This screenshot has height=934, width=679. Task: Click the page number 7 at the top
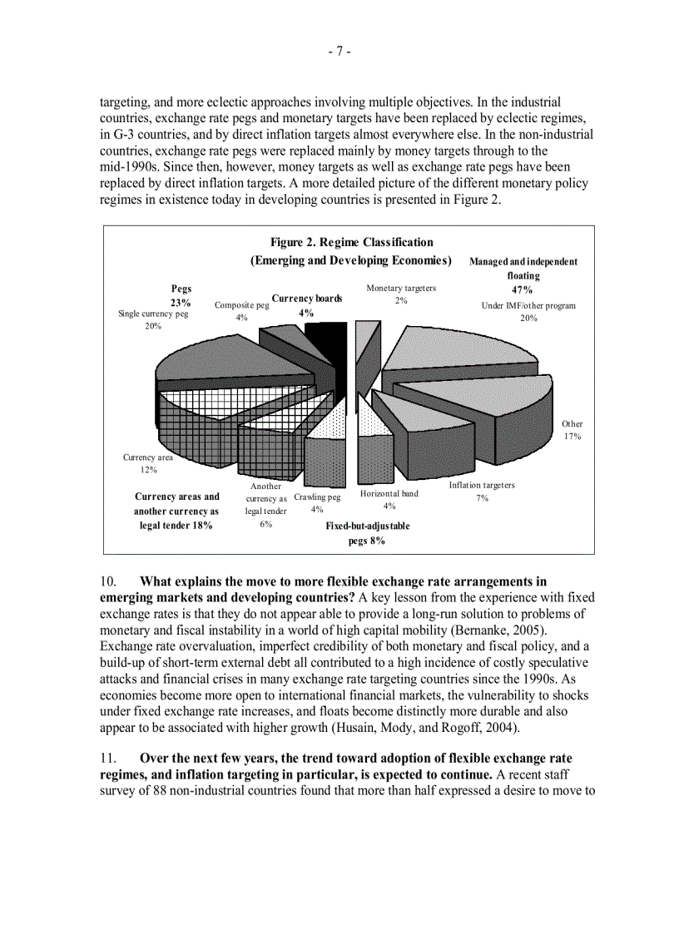[339, 52]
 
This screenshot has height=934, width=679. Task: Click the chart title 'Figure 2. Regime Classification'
[351, 242]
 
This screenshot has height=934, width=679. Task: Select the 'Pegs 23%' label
[181, 295]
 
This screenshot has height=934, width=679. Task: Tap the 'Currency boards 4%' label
[306, 305]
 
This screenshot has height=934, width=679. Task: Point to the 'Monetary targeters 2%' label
[401, 294]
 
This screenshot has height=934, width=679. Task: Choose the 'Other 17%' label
[572, 430]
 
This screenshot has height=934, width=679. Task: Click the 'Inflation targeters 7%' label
[482, 491]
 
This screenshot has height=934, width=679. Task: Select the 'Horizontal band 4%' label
[389, 499]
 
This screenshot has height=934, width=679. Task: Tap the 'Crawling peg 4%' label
[317, 502]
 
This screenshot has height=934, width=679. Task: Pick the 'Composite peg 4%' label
[241, 311]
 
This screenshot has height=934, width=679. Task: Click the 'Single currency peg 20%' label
[153, 319]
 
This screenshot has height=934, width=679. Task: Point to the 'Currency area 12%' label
[148, 463]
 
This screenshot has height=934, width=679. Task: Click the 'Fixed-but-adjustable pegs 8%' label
[367, 533]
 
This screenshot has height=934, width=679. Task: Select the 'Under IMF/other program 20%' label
[528, 311]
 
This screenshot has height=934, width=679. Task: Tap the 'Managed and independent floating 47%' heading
[523, 275]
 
